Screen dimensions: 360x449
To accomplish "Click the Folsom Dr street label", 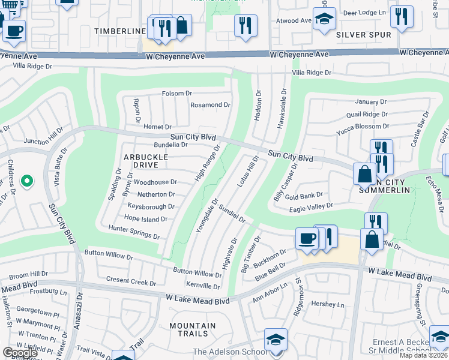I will pyautogui.click(x=177, y=94).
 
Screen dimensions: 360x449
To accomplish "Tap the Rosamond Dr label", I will pyautogui.click(x=210, y=105).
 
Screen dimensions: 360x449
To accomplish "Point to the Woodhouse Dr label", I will pyautogui.click(x=155, y=182).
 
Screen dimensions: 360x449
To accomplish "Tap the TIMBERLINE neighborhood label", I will pyautogui.click(x=120, y=31).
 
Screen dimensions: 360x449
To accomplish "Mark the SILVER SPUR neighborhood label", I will pyautogui.click(x=364, y=35).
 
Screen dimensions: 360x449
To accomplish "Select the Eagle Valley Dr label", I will pyautogui.click(x=311, y=206).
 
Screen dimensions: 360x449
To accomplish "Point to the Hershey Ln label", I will pyautogui.click(x=328, y=304).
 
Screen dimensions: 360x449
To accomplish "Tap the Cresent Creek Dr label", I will pyautogui.click(x=131, y=280).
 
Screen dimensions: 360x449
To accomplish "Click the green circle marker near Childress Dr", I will pyautogui.click(x=26, y=180).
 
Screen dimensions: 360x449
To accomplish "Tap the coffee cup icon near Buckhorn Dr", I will pyautogui.click(x=306, y=238).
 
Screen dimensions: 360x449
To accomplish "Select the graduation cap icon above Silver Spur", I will pyautogui.click(x=324, y=18).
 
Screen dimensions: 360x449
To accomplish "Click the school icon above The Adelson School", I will pyautogui.click(x=276, y=340).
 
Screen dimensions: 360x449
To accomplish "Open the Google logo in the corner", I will pyautogui.click(x=20, y=353).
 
